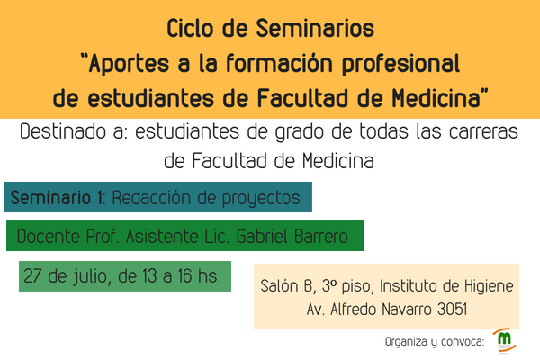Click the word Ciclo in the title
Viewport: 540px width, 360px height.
tap(190, 28)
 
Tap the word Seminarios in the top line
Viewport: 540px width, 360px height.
tap(315, 28)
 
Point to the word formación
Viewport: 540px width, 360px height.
tap(279, 63)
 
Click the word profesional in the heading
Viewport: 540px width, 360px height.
tap(400, 64)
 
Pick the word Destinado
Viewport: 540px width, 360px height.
tap(63, 131)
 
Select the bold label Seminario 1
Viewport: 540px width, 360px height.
tap(57, 197)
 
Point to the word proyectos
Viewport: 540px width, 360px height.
tap(261, 199)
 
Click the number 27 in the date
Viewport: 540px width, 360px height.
tap(32, 276)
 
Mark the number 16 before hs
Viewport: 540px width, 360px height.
tap(184, 276)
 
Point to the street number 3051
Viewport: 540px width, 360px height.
tap(452, 309)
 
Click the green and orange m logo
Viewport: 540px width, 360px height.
tap(505, 339)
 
